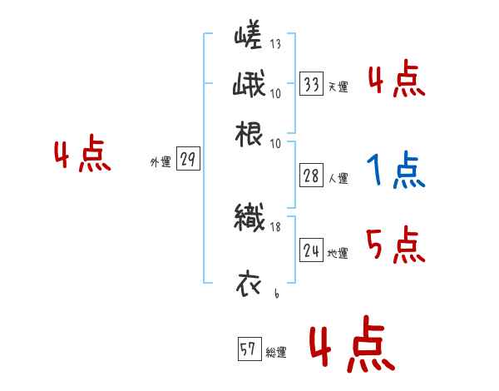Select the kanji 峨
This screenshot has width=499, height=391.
(248, 85)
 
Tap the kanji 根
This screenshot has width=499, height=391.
(248, 133)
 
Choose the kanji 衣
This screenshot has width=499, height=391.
(248, 284)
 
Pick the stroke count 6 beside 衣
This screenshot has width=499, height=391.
(275, 293)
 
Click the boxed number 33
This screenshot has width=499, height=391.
(312, 84)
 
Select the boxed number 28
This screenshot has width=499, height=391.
(312, 176)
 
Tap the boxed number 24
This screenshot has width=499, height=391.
(312, 250)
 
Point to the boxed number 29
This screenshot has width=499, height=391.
(188, 161)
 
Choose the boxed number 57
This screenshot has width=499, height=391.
(248, 350)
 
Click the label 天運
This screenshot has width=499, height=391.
(338, 87)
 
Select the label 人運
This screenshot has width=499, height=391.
(338, 178)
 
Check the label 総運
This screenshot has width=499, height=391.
(275, 353)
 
